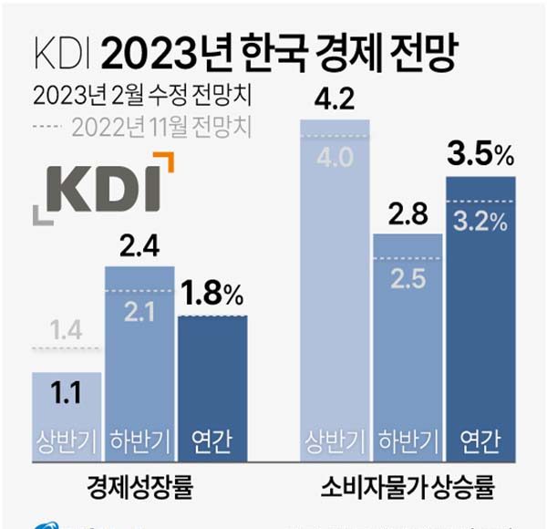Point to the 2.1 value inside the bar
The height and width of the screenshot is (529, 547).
point(139,312)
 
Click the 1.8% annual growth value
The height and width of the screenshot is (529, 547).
point(212,295)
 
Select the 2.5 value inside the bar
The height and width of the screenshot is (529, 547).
point(407,276)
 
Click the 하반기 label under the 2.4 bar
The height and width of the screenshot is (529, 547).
point(139,441)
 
